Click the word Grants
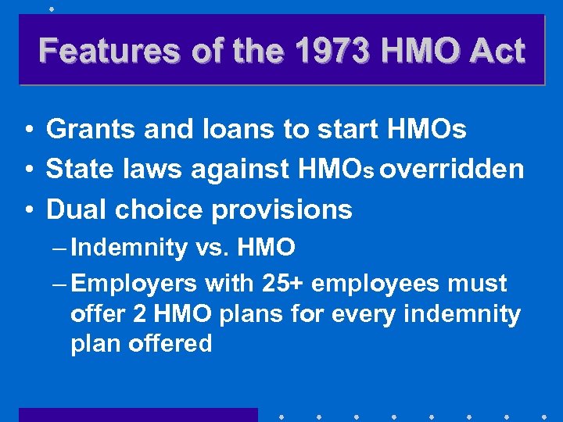coord(91,130)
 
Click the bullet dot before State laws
coord(27,170)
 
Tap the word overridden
coord(455,170)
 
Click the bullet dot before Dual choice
coord(27,209)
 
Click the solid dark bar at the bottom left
coord(138,414)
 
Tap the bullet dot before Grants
coord(27,130)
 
